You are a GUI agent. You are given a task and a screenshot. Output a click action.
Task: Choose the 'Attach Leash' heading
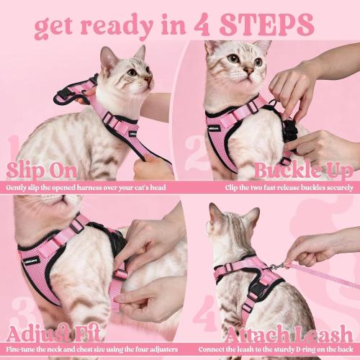tap(288, 335)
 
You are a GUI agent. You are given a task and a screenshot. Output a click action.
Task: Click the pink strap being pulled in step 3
tap(115, 288)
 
